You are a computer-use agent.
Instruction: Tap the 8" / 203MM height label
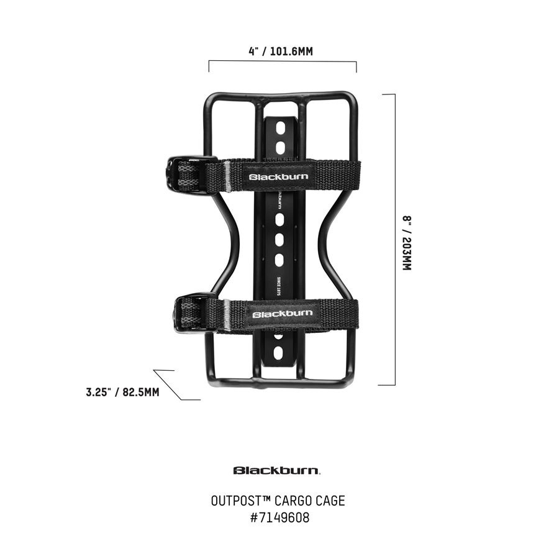tap(407, 243)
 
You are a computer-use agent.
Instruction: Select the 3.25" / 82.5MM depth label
tap(122, 392)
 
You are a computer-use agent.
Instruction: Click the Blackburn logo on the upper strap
tap(278, 176)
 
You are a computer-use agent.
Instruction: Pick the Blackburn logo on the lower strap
tap(282, 314)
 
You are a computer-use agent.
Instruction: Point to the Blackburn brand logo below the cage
tap(277, 470)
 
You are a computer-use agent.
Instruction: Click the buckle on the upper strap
tap(184, 174)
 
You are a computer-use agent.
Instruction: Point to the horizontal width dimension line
tap(283, 61)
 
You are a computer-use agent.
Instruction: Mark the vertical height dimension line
tap(394, 239)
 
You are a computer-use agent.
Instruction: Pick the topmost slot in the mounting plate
tap(280, 128)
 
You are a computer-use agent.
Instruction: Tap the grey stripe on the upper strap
tap(227, 176)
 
